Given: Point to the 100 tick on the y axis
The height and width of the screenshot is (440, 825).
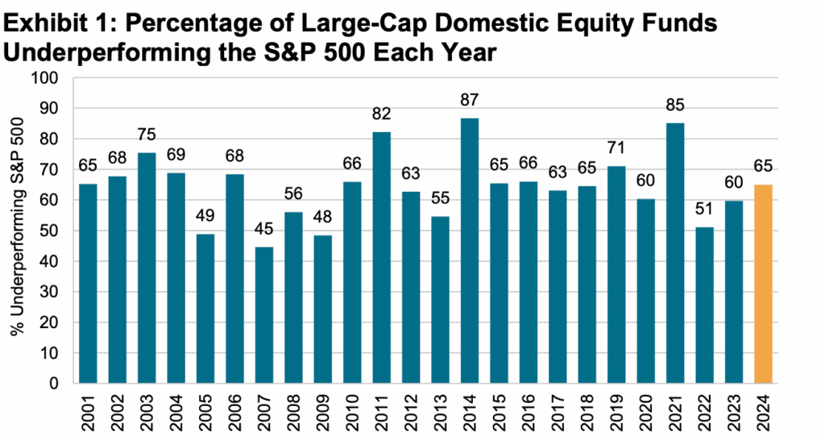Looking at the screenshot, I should point(50,78).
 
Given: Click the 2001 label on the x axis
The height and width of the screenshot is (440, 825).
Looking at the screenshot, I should point(88,413).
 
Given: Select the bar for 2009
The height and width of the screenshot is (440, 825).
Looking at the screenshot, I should point(323,309).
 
